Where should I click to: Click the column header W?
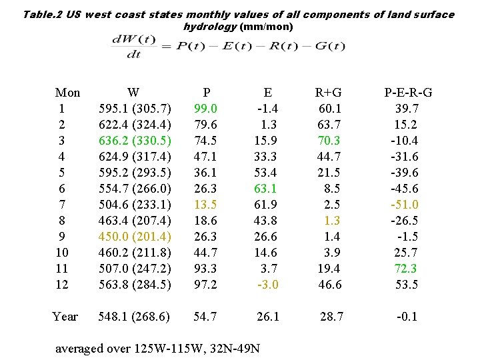pyautogui.click(x=134, y=93)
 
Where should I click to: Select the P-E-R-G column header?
pyautogui.click(x=407, y=93)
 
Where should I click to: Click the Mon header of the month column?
pyautogui.click(x=67, y=93)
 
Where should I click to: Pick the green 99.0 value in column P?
pyautogui.click(x=205, y=109)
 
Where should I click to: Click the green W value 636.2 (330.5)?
pyautogui.click(x=134, y=141)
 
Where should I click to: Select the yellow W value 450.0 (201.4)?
pyautogui.click(x=134, y=237)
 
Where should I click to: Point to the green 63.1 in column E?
pyautogui.click(x=267, y=189)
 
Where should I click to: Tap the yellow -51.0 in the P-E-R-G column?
pyautogui.click(x=405, y=205)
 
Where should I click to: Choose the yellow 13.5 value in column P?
pyautogui.click(x=205, y=205)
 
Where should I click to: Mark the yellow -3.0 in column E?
pyautogui.click(x=268, y=285)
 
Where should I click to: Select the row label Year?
pyautogui.click(x=65, y=317)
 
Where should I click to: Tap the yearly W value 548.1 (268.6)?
pyautogui.click(x=134, y=317)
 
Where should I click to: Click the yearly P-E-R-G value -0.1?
pyautogui.click(x=407, y=317)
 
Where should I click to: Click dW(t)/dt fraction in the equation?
pyautogui.click(x=134, y=47)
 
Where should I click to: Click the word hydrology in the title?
pyautogui.click(x=209, y=27)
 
